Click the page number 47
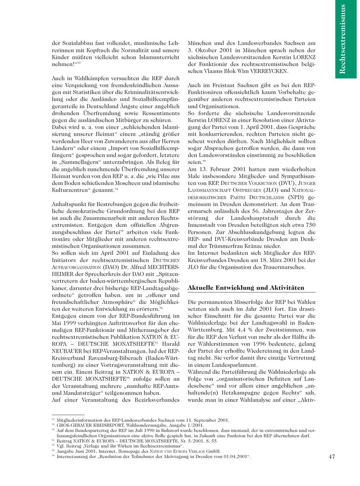click(x=332, y=456)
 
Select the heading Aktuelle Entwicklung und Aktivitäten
click(x=246, y=288)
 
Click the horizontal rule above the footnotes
click(x=68, y=415)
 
